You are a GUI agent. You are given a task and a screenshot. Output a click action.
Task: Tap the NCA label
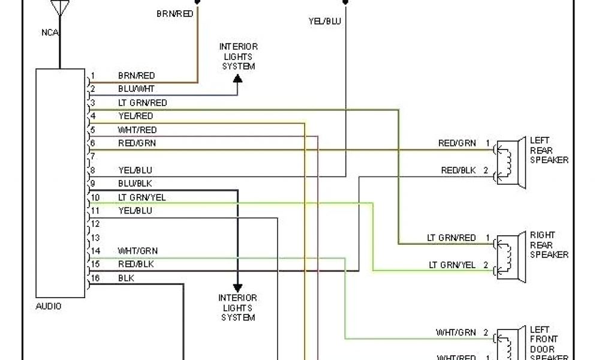pyautogui.click(x=50, y=32)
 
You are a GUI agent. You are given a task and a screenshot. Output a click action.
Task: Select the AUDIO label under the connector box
pyautogui.click(x=49, y=306)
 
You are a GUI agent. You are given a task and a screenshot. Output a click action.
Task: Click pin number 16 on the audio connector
pyautogui.click(x=95, y=278)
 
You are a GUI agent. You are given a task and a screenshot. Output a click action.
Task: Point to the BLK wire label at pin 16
pyautogui.click(x=126, y=278)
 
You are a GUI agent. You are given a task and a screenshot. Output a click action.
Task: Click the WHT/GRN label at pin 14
pyautogui.click(x=138, y=251)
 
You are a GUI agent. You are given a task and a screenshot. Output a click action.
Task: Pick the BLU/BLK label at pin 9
pyautogui.click(x=135, y=184)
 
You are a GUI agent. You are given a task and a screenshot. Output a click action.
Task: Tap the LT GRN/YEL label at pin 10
pyautogui.click(x=142, y=197)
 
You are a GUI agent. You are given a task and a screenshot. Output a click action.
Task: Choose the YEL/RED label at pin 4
pyautogui.click(x=136, y=116)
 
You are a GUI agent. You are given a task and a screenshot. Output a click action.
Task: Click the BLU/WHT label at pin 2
pyautogui.click(x=136, y=89)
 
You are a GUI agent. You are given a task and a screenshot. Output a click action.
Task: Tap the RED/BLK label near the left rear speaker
pyautogui.click(x=458, y=170)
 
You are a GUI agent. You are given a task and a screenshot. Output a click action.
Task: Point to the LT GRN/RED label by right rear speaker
pyautogui.click(x=451, y=238)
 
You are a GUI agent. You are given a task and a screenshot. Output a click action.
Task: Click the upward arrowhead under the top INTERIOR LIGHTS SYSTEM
pyautogui.click(x=237, y=79)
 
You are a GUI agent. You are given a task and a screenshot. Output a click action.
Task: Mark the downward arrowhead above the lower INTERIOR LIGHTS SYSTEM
pyautogui.click(x=237, y=288)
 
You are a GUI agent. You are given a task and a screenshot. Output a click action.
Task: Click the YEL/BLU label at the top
pyautogui.click(x=324, y=21)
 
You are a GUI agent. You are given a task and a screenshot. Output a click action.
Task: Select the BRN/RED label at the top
pyautogui.click(x=174, y=13)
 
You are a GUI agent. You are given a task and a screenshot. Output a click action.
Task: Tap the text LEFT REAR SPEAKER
pyautogui.click(x=549, y=151)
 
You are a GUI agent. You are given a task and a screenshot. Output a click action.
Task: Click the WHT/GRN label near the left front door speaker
pyautogui.click(x=456, y=332)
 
